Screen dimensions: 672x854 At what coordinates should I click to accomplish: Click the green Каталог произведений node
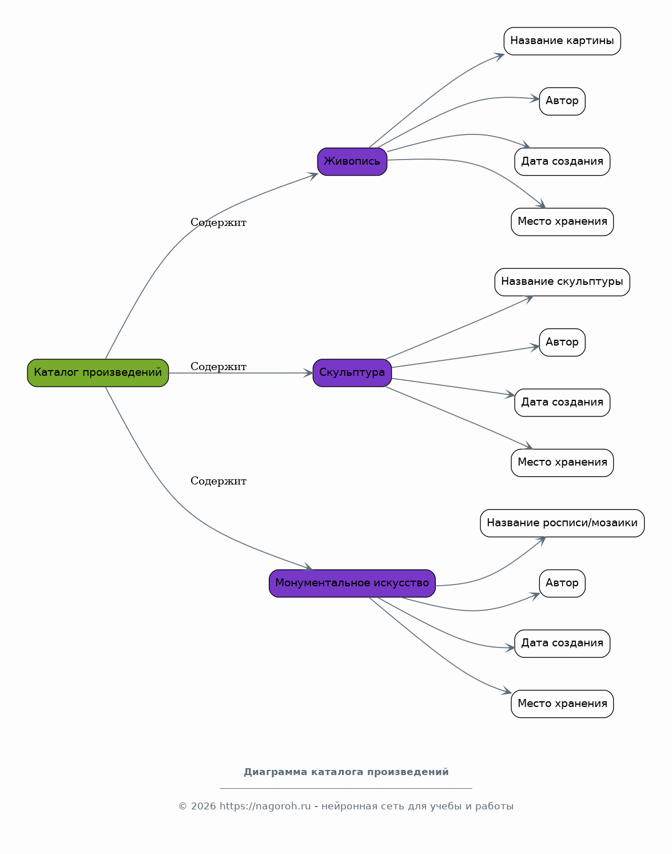click(x=98, y=372)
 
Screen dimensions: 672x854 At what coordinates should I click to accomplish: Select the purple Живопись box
click(x=352, y=161)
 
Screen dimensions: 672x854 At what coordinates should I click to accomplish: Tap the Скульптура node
click(x=352, y=372)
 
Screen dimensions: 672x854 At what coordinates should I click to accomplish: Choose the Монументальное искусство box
click(x=352, y=583)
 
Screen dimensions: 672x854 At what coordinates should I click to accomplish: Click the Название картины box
click(x=562, y=41)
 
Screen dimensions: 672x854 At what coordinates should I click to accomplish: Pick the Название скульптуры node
click(x=562, y=282)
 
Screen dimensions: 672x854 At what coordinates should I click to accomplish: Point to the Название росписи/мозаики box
click(x=562, y=523)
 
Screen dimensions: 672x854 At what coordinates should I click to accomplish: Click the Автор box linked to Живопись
click(x=562, y=101)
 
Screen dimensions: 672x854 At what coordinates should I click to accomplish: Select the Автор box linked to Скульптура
click(x=562, y=343)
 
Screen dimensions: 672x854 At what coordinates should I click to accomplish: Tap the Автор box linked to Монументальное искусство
click(x=562, y=583)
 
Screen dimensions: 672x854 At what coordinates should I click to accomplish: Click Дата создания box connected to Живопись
click(x=562, y=161)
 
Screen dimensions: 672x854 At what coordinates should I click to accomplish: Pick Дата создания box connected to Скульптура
click(x=562, y=402)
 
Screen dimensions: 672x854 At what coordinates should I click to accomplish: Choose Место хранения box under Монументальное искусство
click(x=562, y=704)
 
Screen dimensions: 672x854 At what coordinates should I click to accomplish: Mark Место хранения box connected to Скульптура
click(x=562, y=463)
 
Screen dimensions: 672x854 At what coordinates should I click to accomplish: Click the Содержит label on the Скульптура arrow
click(x=218, y=367)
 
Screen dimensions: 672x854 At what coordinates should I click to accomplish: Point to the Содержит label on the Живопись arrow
click(x=218, y=223)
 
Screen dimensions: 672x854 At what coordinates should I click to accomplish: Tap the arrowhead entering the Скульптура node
click(x=308, y=372)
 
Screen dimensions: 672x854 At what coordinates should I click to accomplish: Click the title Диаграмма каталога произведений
click(x=346, y=772)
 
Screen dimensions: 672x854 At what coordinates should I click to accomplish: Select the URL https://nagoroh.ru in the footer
click(x=265, y=806)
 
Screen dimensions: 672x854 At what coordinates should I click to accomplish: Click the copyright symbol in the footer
click(x=182, y=807)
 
